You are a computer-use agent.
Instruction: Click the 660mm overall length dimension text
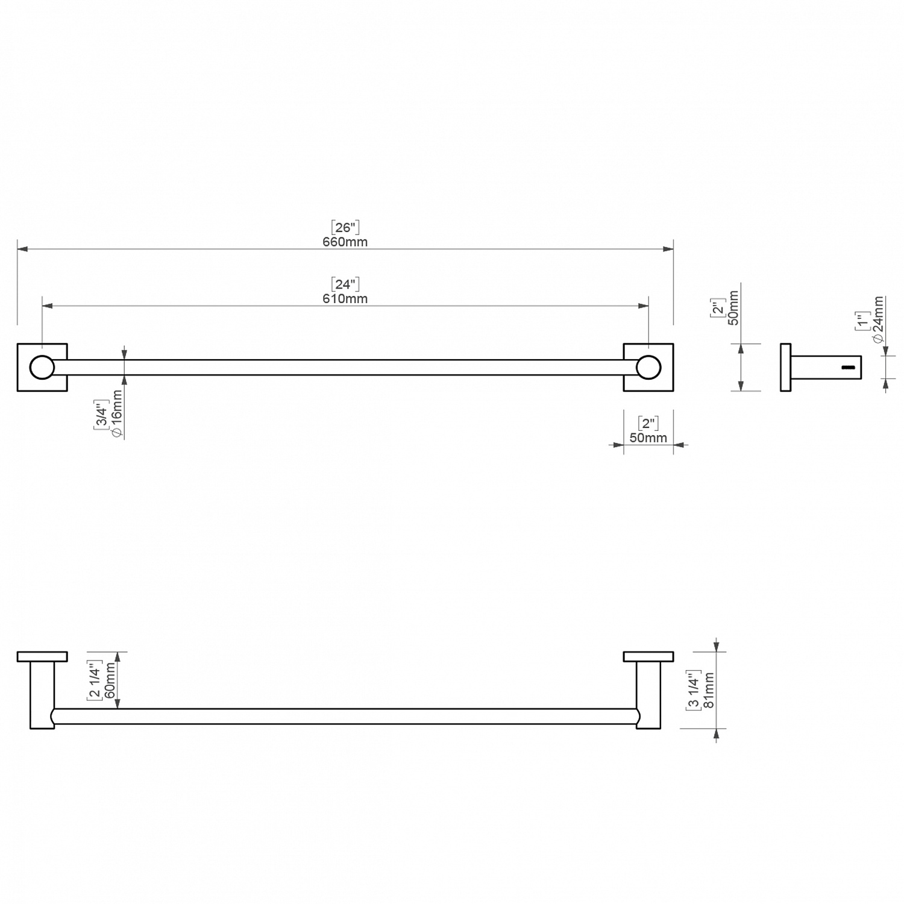click(345, 242)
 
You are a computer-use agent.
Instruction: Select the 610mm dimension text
click(345, 299)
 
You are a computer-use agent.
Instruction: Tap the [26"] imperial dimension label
click(345, 227)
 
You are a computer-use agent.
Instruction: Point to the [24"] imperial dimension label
click(345, 284)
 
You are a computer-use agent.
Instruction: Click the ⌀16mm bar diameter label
click(117, 413)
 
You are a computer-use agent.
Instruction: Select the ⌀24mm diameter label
click(878, 320)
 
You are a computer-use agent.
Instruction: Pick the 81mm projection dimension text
click(709, 691)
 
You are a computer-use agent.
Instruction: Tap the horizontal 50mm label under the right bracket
click(648, 438)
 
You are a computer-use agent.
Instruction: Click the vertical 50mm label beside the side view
click(733, 308)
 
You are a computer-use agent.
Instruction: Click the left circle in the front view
click(42, 368)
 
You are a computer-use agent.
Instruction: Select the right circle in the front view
click(648, 368)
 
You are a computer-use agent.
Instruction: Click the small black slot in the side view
click(849, 367)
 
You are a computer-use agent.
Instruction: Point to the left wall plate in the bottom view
click(42, 656)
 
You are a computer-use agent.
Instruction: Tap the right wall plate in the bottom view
click(648, 656)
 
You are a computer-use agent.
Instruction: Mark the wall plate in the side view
click(785, 368)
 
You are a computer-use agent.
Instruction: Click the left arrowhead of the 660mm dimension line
click(23, 249)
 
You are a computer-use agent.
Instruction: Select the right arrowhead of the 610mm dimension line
click(643, 306)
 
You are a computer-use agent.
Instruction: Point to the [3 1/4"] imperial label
click(694, 690)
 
